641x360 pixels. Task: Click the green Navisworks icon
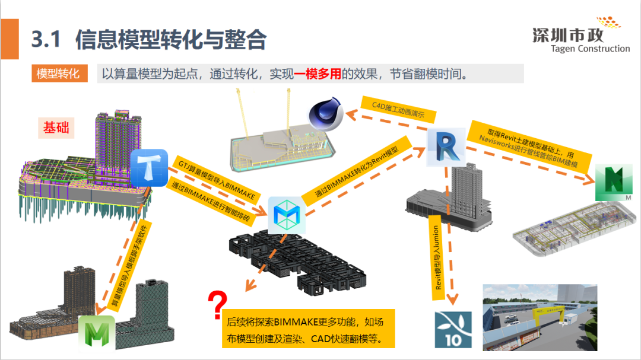pyautogui.click(x=616, y=183)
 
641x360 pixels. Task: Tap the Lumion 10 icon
pyautogui.click(x=453, y=329)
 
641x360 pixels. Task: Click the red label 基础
pyautogui.click(x=56, y=126)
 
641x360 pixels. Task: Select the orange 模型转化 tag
pyautogui.click(x=59, y=74)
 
